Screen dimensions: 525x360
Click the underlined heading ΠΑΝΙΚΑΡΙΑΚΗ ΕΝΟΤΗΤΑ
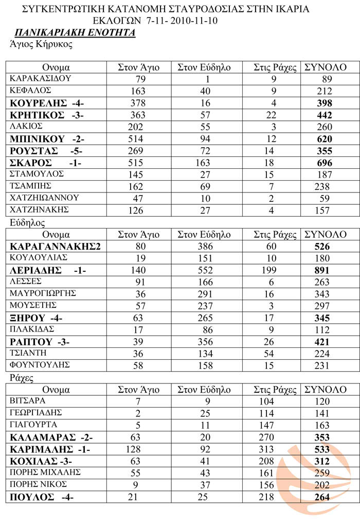(x=75, y=33)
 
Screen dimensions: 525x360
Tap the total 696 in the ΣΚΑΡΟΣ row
(x=325, y=162)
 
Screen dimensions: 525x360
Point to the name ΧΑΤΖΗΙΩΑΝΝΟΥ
(x=44, y=197)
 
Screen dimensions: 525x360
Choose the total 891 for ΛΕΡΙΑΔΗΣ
(x=325, y=271)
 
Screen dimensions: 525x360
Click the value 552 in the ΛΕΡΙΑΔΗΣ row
(x=204, y=271)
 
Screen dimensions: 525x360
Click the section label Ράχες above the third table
(x=22, y=377)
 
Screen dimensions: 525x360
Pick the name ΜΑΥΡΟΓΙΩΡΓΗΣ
(x=43, y=293)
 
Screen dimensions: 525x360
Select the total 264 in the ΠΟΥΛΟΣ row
(x=325, y=497)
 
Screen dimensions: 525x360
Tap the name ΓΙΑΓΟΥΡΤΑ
(x=33, y=425)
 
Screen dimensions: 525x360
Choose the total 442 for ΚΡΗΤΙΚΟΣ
(x=325, y=115)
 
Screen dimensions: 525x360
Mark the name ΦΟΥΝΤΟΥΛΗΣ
(x=40, y=365)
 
